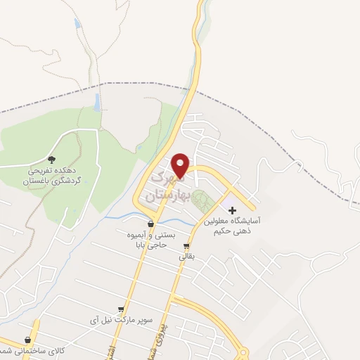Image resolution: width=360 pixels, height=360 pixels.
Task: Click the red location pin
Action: [181, 165]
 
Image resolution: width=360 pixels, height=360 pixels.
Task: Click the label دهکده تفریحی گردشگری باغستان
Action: [51, 175]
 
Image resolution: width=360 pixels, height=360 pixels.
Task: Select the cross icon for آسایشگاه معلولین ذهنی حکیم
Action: [233, 210]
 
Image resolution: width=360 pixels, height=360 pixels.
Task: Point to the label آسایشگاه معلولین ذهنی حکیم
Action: [232, 224]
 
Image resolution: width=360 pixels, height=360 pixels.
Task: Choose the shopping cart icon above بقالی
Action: [186, 246]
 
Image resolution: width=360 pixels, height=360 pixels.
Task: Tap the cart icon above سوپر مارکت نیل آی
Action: [121, 309]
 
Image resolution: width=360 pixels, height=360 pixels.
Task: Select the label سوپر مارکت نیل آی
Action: [121, 321]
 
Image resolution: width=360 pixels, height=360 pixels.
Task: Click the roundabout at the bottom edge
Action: [243, 354]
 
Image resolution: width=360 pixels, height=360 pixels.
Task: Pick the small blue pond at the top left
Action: [77, 24]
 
